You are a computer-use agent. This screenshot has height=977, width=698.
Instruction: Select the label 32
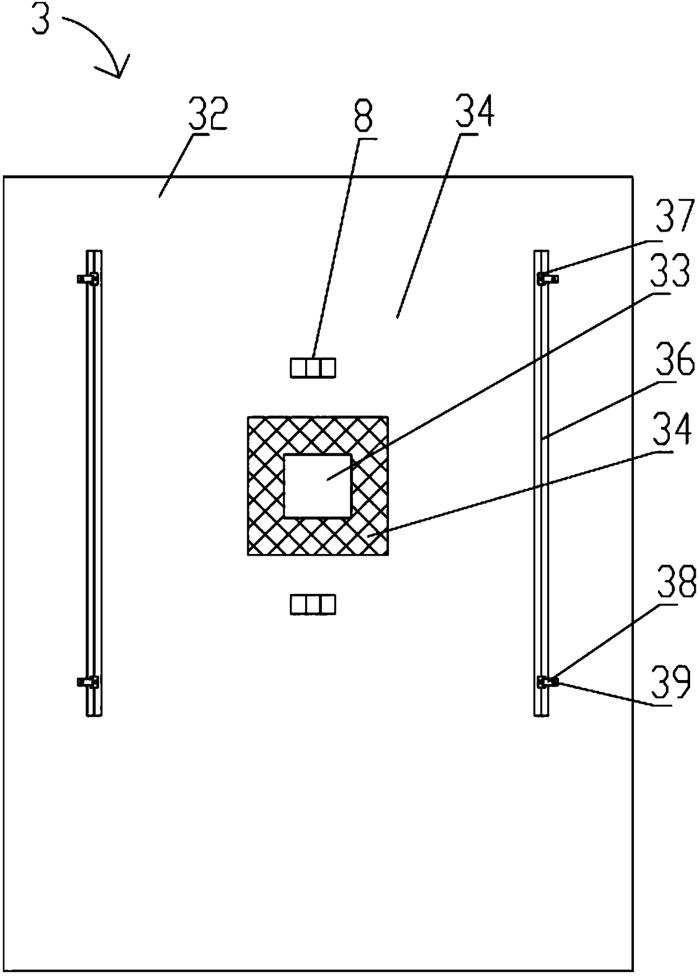(x=209, y=114)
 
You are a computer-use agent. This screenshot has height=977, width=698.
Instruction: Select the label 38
(x=677, y=583)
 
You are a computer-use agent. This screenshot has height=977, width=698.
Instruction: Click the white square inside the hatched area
(x=317, y=485)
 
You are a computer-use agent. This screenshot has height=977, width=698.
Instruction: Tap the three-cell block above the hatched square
(x=312, y=368)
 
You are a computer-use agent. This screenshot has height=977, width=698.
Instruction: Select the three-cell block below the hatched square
(x=312, y=605)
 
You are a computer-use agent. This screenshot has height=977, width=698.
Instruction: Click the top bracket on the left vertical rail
(x=88, y=278)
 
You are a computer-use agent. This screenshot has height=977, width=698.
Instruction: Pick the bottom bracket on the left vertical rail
(x=88, y=682)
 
